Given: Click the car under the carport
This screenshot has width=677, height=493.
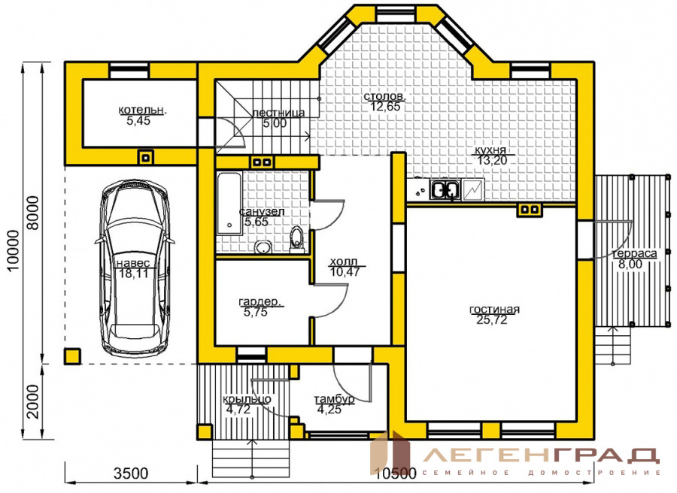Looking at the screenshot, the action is point(135,268).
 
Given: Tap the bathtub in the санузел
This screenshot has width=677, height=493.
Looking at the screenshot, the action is point(229,204).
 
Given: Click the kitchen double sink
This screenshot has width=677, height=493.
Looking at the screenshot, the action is point(445,190).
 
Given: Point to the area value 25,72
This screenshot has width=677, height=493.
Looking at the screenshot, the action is point(492,319).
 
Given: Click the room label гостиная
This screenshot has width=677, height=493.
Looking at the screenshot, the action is point(494,310).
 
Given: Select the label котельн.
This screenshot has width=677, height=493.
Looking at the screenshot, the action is point(142,110).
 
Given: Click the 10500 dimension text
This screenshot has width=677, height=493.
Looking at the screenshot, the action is point(396,473).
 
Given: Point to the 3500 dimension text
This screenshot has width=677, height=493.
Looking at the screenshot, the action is point(131,473).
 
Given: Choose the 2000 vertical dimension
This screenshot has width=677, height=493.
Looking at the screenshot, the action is point(33,401).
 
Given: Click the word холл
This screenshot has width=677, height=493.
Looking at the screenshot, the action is point(344,262).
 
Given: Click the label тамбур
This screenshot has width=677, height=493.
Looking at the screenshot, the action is point(334,399).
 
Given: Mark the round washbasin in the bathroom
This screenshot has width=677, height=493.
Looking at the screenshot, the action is point(263,247).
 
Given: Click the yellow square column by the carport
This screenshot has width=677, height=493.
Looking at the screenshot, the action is point(72,356).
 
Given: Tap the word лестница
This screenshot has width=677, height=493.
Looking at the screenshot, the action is point(278,113).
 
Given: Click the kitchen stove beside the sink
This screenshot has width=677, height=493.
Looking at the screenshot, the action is point(473,190).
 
